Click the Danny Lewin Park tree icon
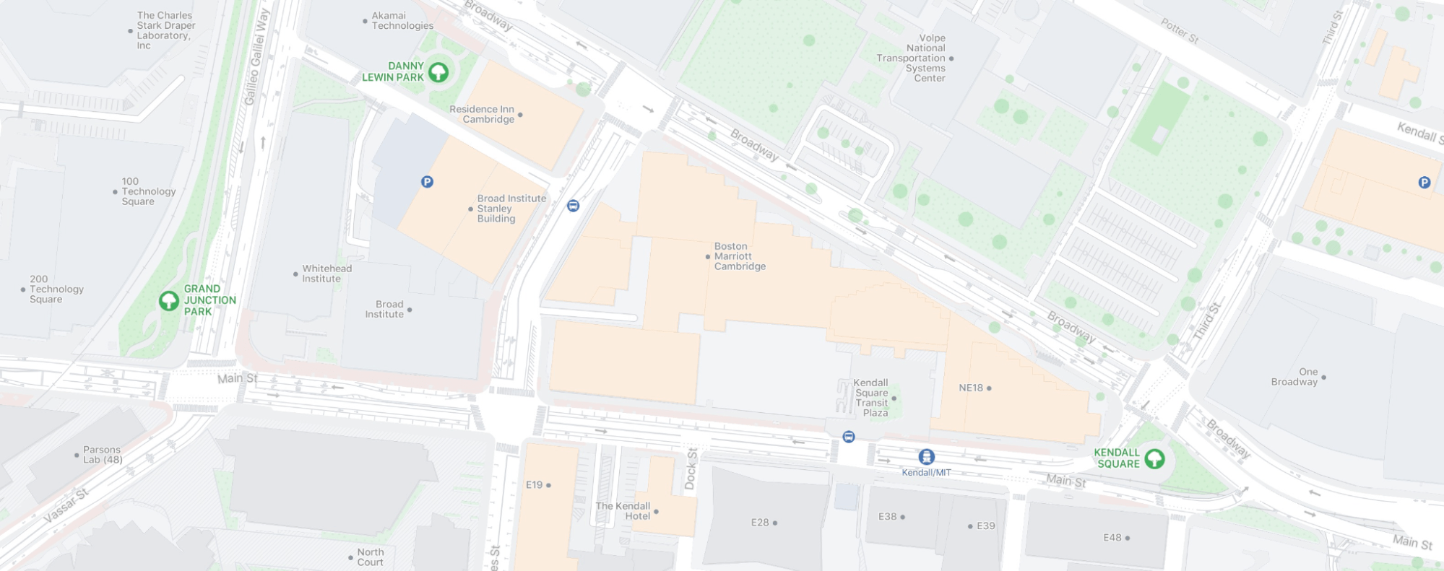(438, 72)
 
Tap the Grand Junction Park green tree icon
(168, 300)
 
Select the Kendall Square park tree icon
(1154, 458)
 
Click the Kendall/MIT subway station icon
(926, 457)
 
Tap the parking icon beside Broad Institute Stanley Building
(427, 182)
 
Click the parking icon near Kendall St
(1424, 183)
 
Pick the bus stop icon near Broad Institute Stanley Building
(573, 206)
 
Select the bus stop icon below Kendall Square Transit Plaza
(849, 437)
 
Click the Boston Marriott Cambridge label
(739, 256)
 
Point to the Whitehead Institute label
(327, 274)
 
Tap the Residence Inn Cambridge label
(482, 114)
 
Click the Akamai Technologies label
(402, 20)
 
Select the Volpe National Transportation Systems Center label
(912, 58)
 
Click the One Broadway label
(1294, 377)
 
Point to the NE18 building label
(971, 388)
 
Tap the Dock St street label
(691, 469)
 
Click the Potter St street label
(1180, 31)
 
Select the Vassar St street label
(66, 505)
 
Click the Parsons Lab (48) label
(103, 455)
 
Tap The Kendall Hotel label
(623, 511)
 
